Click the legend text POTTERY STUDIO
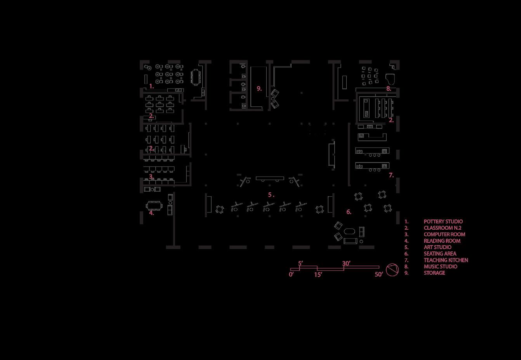(443, 222)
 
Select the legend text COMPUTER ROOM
(444, 234)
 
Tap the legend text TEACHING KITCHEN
(446, 260)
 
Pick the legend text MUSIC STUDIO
(440, 267)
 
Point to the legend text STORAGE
(434, 273)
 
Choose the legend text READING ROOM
(442, 241)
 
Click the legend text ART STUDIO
(437, 247)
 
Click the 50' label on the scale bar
(379, 274)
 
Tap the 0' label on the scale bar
(291, 274)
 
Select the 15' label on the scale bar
(318, 275)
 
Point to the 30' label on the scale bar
(346, 263)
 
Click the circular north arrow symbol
(392, 270)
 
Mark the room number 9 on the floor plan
(259, 88)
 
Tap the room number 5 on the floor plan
(270, 195)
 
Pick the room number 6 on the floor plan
(349, 212)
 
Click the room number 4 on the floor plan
(151, 213)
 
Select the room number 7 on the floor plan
(391, 175)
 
